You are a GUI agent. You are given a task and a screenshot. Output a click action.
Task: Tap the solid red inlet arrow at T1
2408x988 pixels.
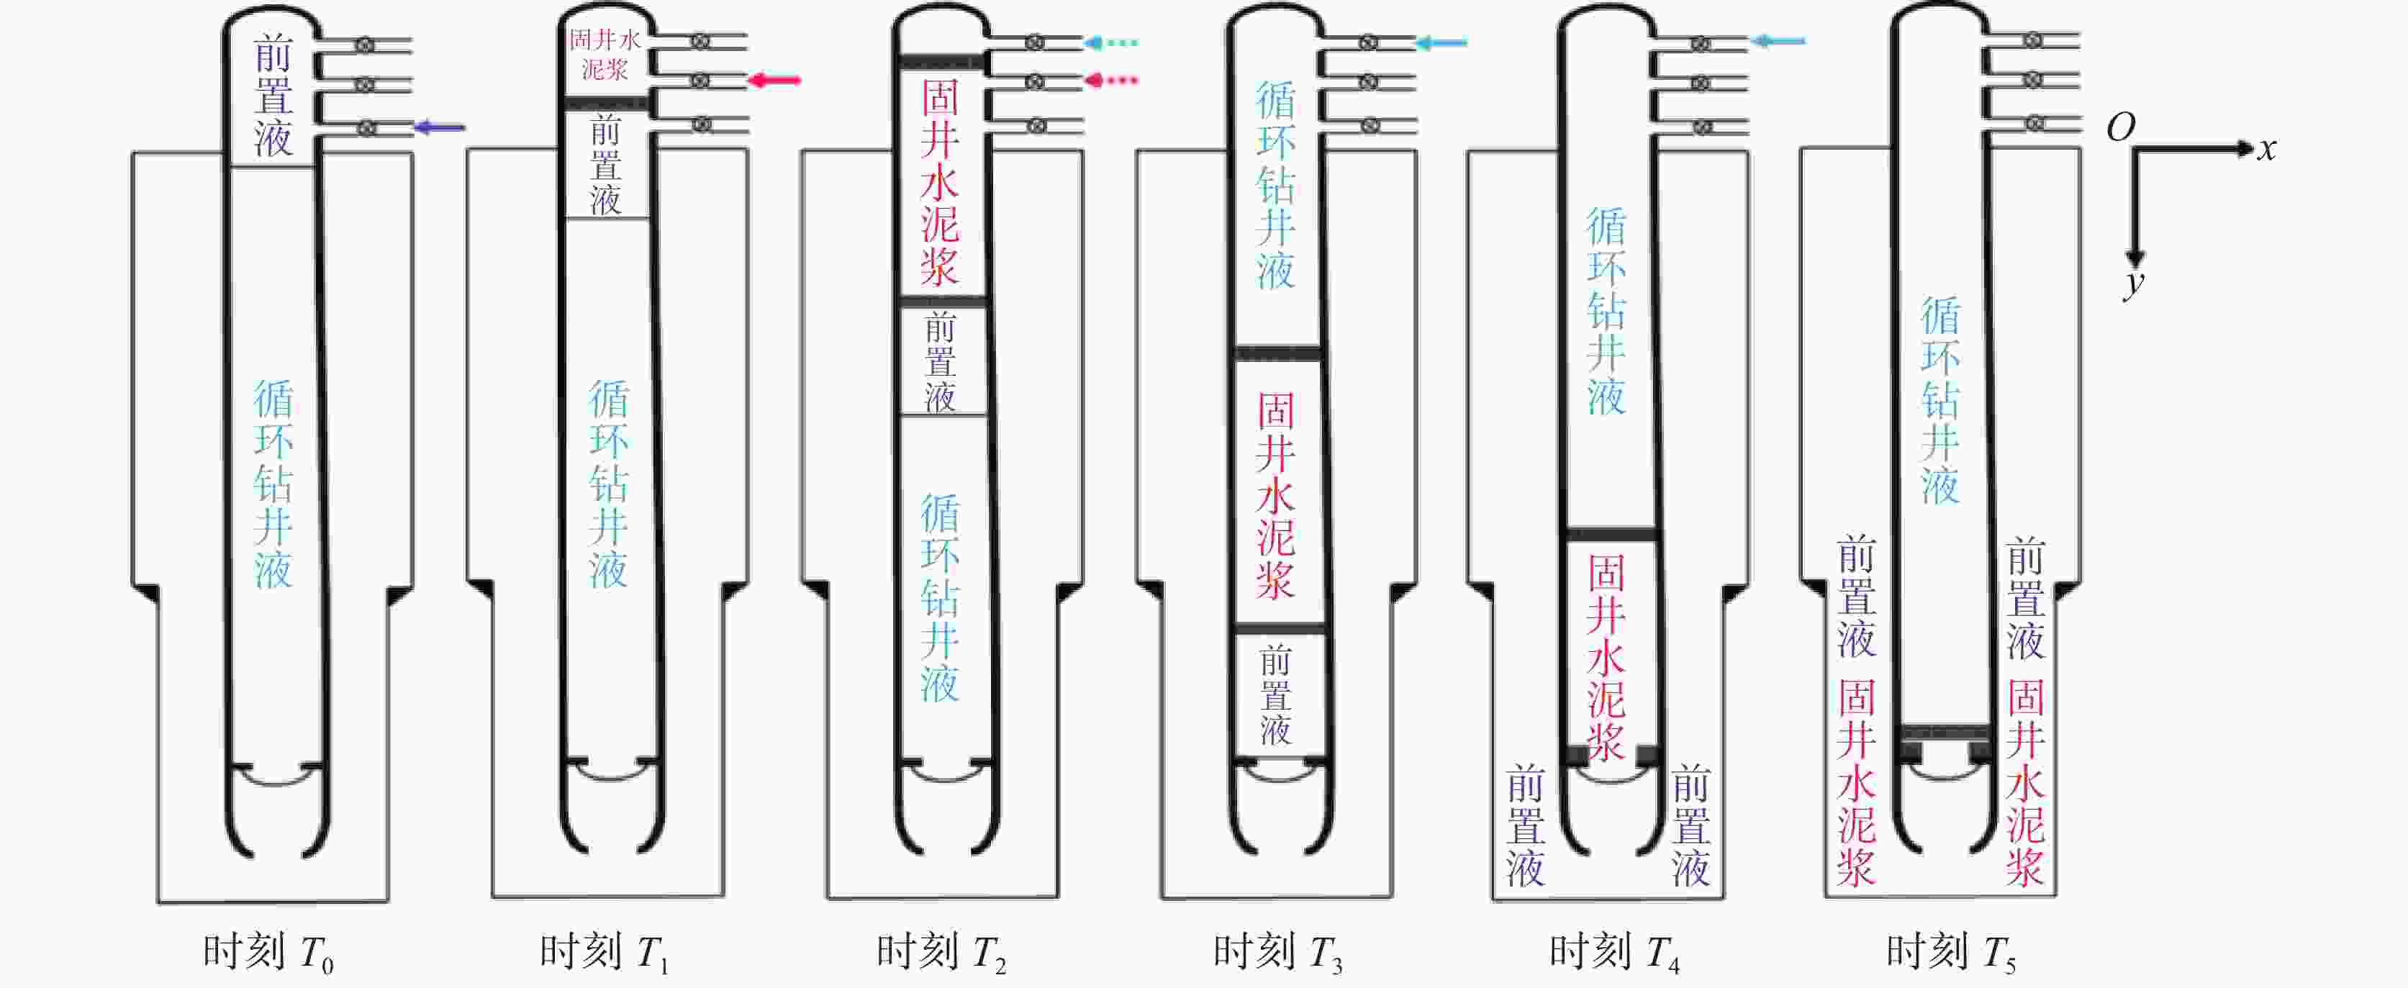775,81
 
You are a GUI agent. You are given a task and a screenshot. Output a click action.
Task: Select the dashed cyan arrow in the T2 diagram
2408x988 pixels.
1110,42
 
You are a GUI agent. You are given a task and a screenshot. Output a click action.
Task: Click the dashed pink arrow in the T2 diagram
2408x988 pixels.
1110,81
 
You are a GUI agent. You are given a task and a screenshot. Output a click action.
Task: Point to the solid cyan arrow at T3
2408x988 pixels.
1441,42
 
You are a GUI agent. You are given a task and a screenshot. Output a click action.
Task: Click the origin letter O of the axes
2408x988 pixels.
2121,127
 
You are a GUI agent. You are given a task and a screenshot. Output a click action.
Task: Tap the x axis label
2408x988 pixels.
2267,150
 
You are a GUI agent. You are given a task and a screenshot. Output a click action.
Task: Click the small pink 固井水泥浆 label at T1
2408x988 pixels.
605,54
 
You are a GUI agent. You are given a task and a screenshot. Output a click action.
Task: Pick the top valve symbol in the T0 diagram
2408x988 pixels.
366,45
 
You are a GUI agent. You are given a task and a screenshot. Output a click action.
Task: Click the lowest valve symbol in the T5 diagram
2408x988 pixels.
2033,122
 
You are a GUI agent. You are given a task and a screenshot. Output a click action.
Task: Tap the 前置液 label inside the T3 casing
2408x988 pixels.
1276,694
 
